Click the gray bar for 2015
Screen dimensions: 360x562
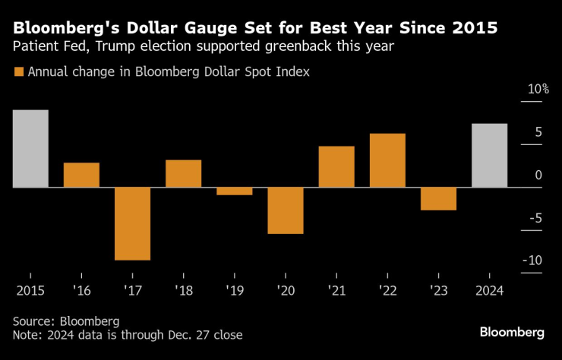click(x=30, y=149)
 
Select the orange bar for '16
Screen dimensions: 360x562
click(x=81, y=175)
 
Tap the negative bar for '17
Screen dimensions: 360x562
click(x=132, y=223)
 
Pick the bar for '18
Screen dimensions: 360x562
click(x=183, y=173)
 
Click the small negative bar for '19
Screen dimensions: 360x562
click(x=234, y=191)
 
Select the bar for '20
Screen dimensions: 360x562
click(x=286, y=210)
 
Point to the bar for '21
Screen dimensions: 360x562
click(x=336, y=166)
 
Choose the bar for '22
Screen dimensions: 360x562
click(x=387, y=160)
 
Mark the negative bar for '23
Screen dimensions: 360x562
click(x=438, y=198)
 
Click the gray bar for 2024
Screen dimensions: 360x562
click(x=489, y=155)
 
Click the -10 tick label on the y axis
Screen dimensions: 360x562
click(x=532, y=261)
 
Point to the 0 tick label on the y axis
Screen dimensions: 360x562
click(x=538, y=175)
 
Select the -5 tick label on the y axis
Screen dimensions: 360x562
click(x=535, y=218)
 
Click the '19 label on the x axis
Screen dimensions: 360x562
click(x=234, y=289)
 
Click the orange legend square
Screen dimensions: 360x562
click(x=18, y=72)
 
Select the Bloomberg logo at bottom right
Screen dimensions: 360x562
click(x=512, y=333)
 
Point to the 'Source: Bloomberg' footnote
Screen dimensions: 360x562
click(x=66, y=321)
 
